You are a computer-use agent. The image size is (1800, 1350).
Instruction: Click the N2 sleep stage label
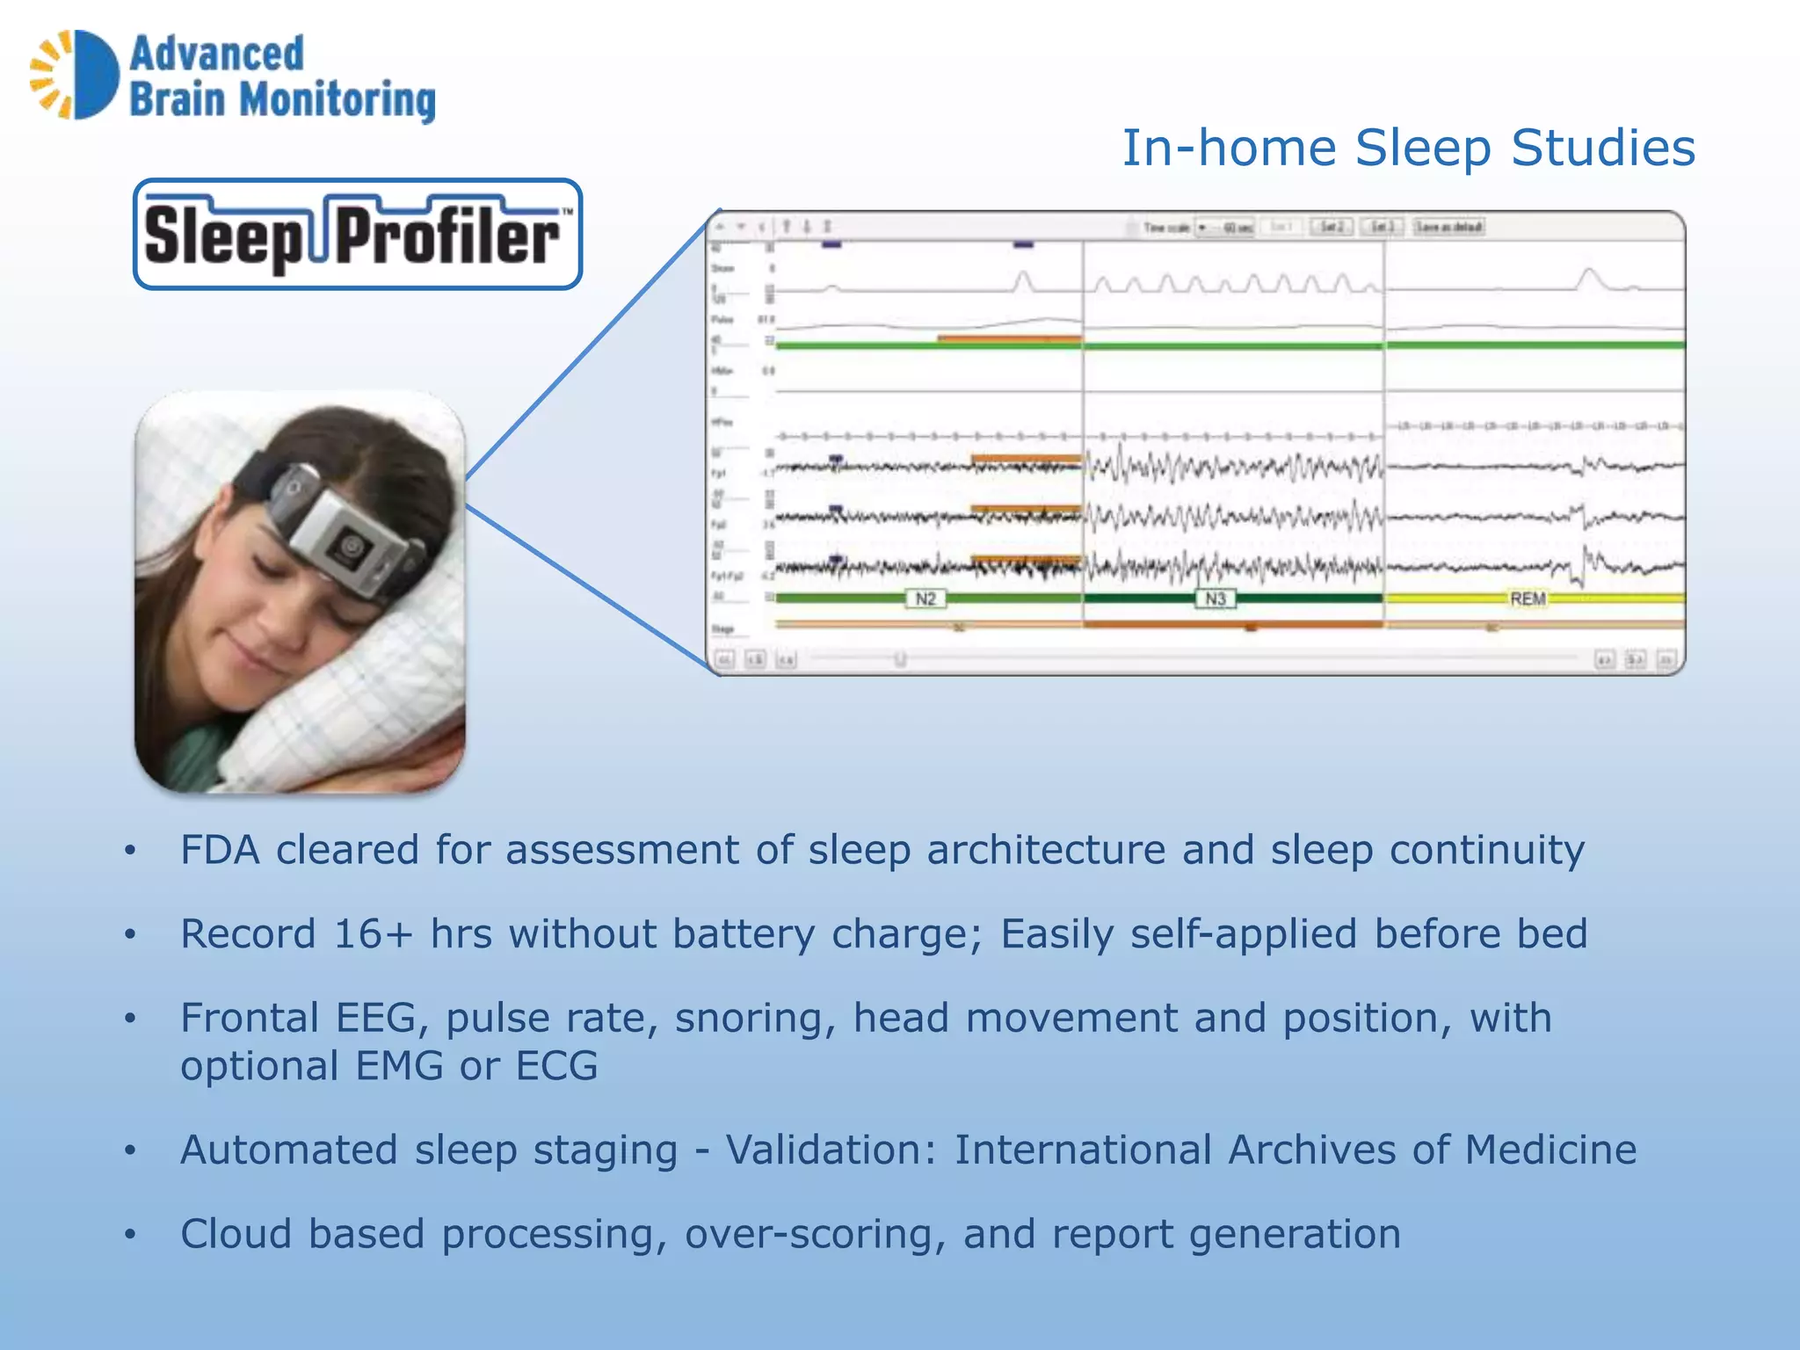[925, 599]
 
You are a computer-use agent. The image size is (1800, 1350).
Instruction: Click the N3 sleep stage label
[1215, 599]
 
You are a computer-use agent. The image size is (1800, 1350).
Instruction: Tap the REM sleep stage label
[1528, 599]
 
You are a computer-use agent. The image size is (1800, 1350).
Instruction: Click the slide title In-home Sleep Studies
[1408, 148]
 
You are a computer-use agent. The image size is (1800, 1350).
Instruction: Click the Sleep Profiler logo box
[358, 235]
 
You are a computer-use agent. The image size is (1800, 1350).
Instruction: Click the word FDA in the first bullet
[220, 851]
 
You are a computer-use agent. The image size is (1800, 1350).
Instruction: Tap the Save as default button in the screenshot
[1448, 228]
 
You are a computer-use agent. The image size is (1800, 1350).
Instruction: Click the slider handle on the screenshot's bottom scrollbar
[900, 658]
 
